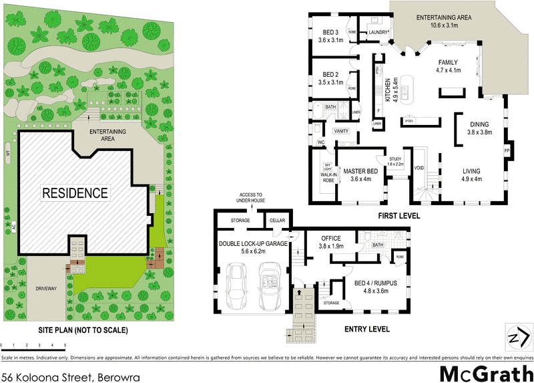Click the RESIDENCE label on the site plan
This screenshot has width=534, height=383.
[75, 193]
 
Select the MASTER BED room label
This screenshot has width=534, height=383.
[360, 174]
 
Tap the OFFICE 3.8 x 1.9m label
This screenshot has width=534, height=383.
[331, 241]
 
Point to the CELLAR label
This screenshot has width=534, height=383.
[276, 221]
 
